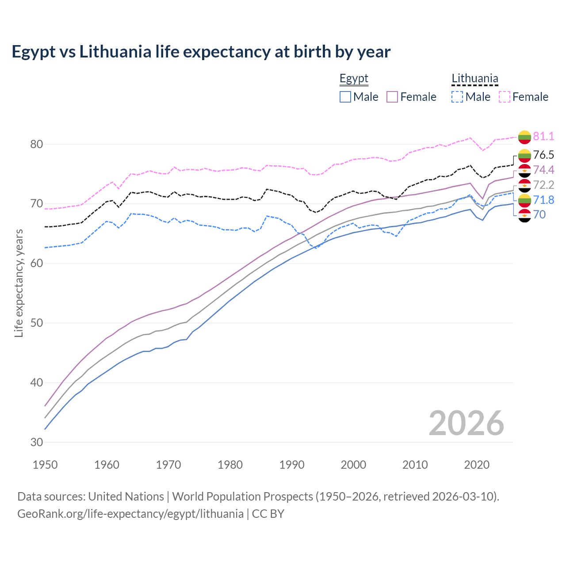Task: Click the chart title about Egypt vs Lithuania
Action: [x=201, y=52]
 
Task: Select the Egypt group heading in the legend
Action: [x=354, y=79]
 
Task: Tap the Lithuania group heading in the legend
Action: [x=474, y=79]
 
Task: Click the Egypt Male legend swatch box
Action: [x=345, y=97]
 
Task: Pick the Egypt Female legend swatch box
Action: [x=392, y=97]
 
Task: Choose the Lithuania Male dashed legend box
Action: [x=457, y=97]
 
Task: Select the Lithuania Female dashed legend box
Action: [x=504, y=97]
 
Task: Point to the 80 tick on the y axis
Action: [x=37, y=144]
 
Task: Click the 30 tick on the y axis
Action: [x=37, y=442]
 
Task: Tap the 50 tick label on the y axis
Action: [x=37, y=323]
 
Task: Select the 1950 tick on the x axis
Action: [x=45, y=465]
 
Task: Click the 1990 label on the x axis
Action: [x=292, y=465]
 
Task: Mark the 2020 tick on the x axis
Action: [x=477, y=465]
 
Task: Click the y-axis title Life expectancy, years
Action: [x=19, y=283]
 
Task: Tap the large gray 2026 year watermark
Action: [x=467, y=423]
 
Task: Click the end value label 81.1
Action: [x=543, y=136]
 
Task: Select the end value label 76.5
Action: [x=543, y=155]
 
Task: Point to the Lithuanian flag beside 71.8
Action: [x=524, y=200]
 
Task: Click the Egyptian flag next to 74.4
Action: [x=524, y=170]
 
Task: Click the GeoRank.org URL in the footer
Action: [x=130, y=514]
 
